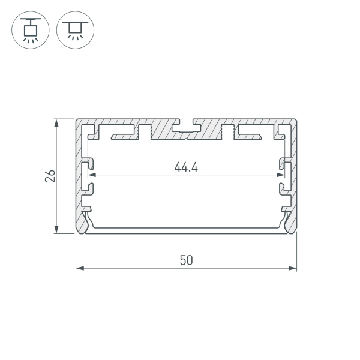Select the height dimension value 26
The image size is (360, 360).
pyautogui.click(x=50, y=176)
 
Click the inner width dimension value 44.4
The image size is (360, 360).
pyautogui.click(x=186, y=167)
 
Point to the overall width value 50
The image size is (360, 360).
pyautogui.click(x=186, y=260)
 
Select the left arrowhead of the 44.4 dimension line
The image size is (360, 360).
pyautogui.click(x=92, y=176)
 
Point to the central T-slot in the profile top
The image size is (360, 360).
pyautogui.click(x=186, y=128)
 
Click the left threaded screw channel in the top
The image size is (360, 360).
pyautogui.click(x=144, y=131)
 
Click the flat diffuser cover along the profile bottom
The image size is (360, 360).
pyautogui.click(x=186, y=229)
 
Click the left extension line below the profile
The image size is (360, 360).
pyautogui.click(x=76, y=252)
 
